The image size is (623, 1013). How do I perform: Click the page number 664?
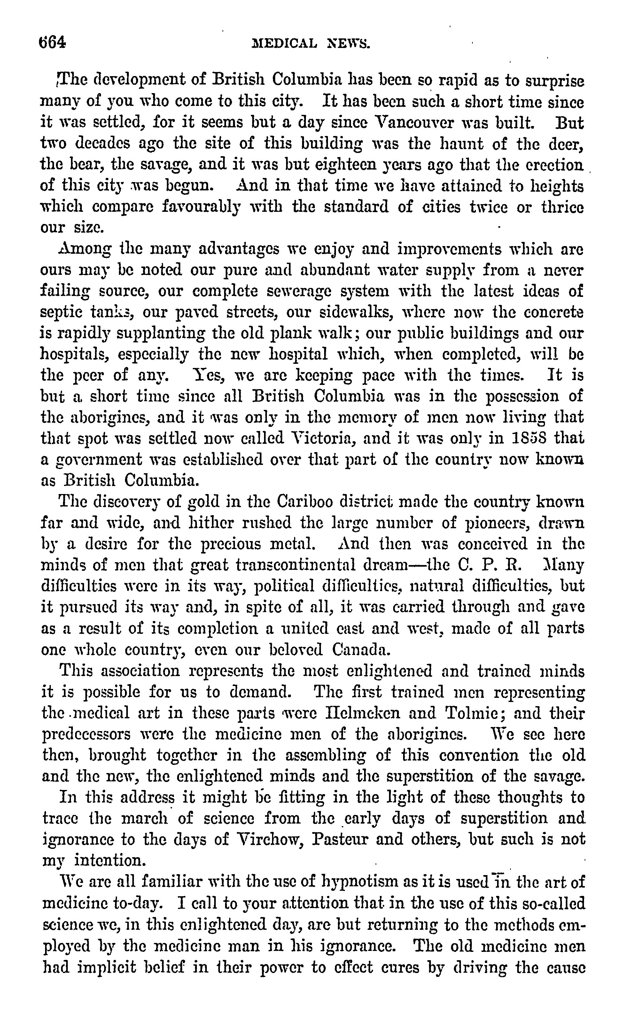tap(52, 43)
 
